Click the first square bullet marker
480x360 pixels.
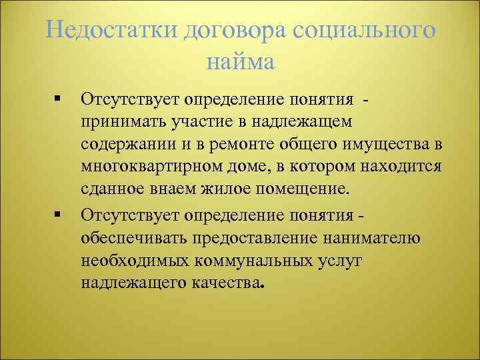[x=58, y=100]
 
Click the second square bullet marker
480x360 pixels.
[x=58, y=215]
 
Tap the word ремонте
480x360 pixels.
[x=227, y=145]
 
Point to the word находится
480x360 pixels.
[x=403, y=167]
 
